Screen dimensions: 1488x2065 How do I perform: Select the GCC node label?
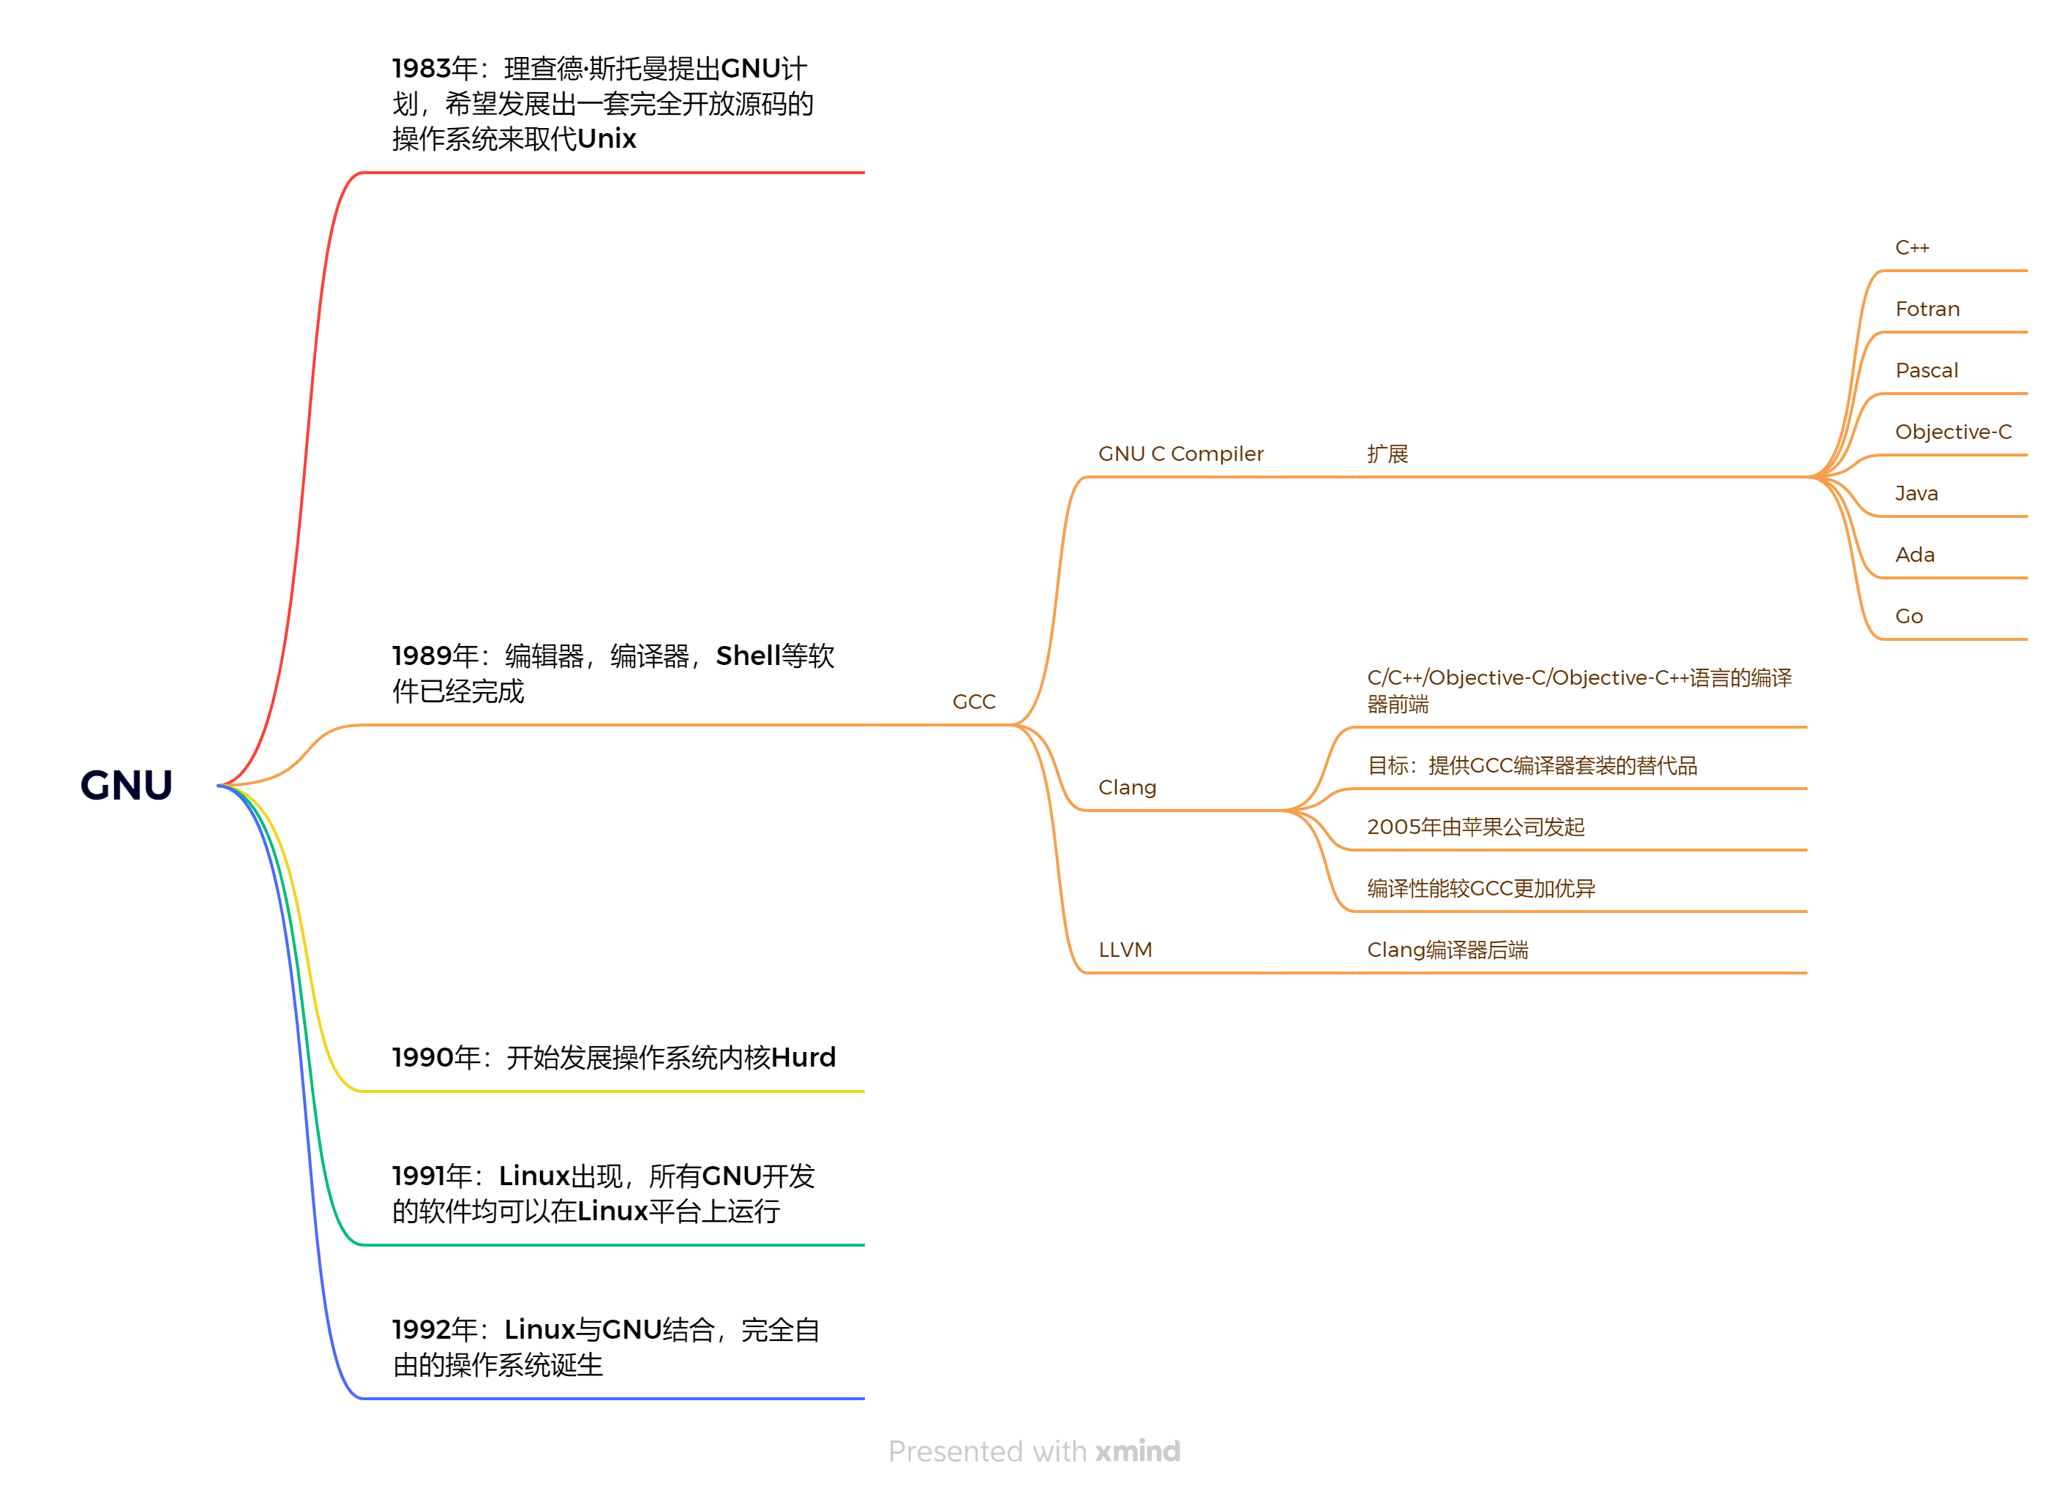(x=973, y=702)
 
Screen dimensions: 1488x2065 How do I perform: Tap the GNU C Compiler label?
(x=1180, y=454)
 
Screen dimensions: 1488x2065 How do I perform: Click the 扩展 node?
(x=1387, y=454)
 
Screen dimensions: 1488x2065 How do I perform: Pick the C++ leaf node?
(x=1911, y=247)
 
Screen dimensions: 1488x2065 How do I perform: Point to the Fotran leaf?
(x=1927, y=309)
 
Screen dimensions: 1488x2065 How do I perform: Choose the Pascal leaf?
(x=1926, y=370)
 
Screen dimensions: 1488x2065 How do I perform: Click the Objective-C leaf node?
(x=1953, y=432)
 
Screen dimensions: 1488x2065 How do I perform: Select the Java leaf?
(x=1916, y=493)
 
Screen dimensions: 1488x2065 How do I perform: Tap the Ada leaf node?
(x=1914, y=555)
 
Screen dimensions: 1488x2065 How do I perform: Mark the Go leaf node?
(x=1908, y=616)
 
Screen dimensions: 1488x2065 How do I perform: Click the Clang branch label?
(x=1126, y=787)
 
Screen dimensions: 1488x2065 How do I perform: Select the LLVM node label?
(x=1125, y=950)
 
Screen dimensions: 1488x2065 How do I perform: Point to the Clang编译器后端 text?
(x=1447, y=950)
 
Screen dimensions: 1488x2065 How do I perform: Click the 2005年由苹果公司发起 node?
(x=1475, y=827)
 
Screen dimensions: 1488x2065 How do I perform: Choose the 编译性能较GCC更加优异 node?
(x=1480, y=888)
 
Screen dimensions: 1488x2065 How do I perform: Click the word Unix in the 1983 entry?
(x=607, y=138)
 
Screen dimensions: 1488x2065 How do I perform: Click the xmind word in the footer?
(x=1137, y=1451)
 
